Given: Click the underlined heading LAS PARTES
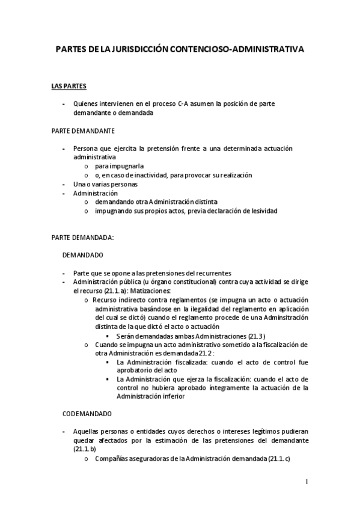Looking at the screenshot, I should click(69, 86).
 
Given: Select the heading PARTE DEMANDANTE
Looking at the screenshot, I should click(84, 131).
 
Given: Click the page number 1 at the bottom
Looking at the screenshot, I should click(307, 481).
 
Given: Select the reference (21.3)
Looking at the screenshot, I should click(255, 335).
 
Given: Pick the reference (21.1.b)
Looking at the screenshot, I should click(85, 450).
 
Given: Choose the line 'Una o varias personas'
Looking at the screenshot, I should click(105, 184).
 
